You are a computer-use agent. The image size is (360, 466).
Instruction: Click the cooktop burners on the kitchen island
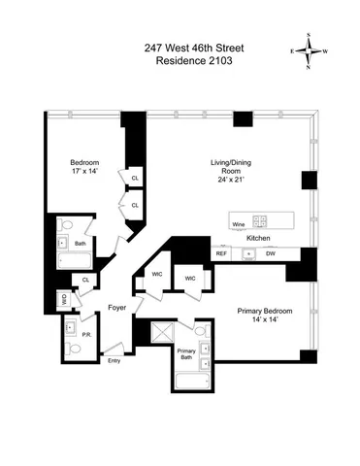260,220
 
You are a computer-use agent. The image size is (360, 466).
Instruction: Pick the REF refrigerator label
221,254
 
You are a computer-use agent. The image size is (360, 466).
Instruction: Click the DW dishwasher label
271,254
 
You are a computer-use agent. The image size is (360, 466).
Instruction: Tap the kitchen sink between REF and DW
247,254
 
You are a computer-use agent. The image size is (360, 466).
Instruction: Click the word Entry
115,361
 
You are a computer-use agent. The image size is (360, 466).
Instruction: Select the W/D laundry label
65,299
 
